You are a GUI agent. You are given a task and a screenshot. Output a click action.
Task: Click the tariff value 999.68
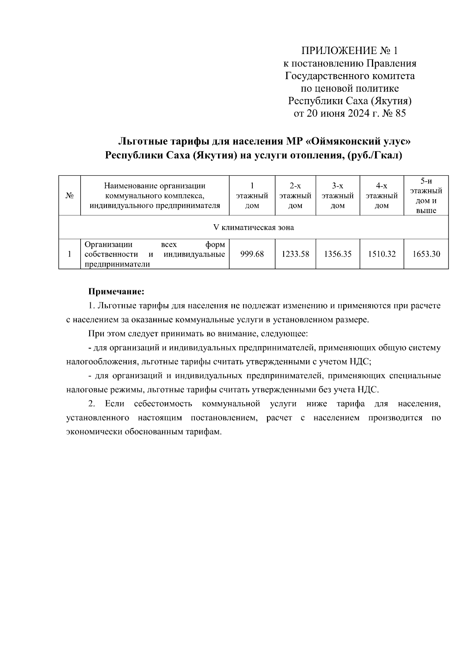(x=252, y=254)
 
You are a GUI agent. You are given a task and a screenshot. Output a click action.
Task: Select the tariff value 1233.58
(x=296, y=254)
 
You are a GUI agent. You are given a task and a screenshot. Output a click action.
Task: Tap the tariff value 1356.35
(x=338, y=254)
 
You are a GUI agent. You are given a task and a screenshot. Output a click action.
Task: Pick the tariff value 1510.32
(x=382, y=254)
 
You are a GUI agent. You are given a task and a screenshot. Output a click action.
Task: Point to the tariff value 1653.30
(x=426, y=254)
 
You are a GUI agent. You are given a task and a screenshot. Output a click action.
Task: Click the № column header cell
(x=69, y=196)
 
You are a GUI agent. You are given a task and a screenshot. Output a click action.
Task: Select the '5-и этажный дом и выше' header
(x=426, y=196)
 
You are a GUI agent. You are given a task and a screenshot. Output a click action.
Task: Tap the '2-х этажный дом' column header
(x=296, y=196)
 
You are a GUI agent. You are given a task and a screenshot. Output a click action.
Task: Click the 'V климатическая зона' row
(x=253, y=227)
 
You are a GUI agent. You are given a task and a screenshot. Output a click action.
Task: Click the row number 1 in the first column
(x=69, y=254)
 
